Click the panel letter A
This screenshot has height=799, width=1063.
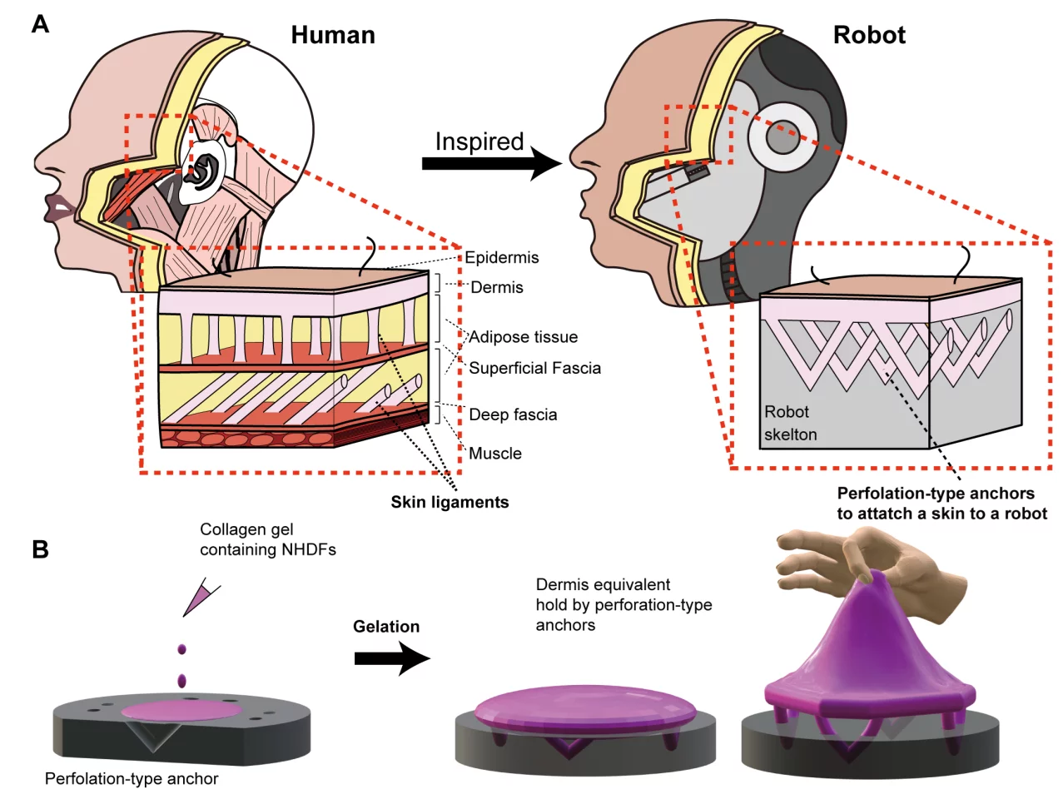coord(40,24)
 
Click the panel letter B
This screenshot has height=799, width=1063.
coord(40,549)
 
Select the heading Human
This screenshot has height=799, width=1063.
coord(333,35)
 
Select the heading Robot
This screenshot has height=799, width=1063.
coord(869,35)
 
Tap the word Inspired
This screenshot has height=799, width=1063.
coord(479,141)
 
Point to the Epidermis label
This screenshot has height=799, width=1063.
coord(502,258)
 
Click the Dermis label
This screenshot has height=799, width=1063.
coord(497,288)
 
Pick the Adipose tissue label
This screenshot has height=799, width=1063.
coord(524,337)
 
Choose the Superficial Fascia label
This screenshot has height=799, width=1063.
coord(534,368)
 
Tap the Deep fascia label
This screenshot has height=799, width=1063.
coord(513,414)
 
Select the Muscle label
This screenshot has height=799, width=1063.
coord(495,454)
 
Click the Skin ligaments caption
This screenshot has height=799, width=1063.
coord(450,502)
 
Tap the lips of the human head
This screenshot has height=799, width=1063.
coord(60,209)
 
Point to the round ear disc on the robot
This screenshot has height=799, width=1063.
coord(782,138)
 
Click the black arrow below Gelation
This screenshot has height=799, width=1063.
coord(391,658)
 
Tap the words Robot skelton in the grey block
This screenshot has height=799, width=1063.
coord(790,423)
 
